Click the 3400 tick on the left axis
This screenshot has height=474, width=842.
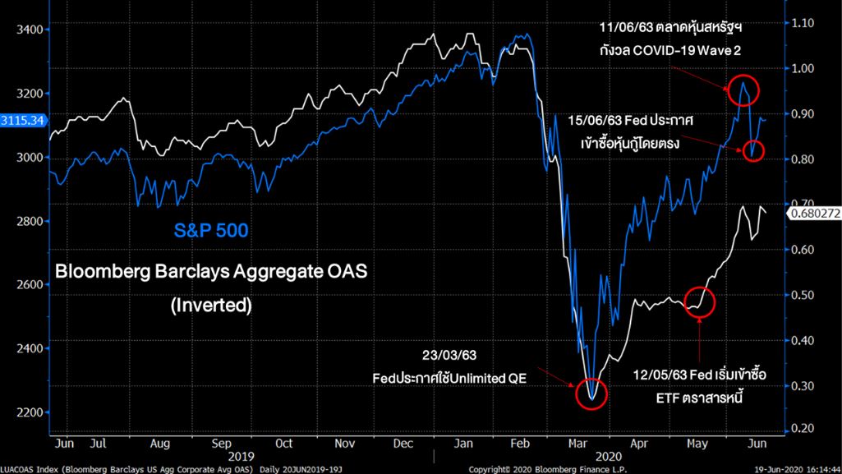coord(29,30)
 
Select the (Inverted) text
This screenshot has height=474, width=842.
coord(210,305)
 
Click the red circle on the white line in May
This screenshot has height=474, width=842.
coord(698,303)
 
